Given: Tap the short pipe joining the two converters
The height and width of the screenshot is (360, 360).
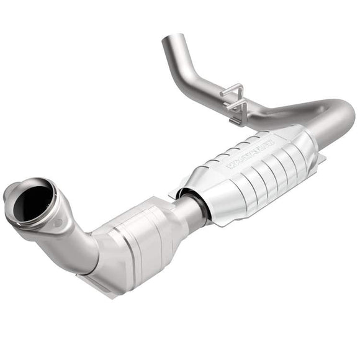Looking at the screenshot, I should [190, 211].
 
